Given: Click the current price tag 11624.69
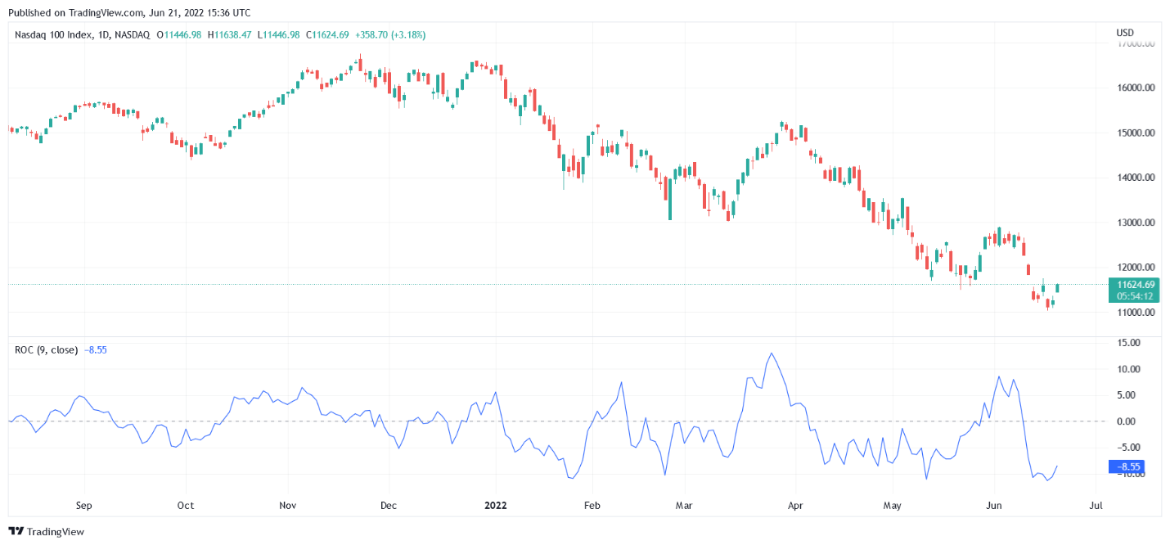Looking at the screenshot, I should tap(1133, 285).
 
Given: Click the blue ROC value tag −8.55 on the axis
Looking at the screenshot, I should tap(1124, 467).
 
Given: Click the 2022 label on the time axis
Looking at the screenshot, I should tap(495, 505).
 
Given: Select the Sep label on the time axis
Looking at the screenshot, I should tap(83, 505).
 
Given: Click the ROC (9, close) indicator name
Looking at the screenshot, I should tap(47, 349).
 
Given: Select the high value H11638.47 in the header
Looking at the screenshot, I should tap(230, 34).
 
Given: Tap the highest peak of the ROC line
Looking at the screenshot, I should tap(771, 354).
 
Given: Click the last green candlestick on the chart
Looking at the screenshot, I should tap(1058, 288).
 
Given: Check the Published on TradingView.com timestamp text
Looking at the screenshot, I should tap(128, 12).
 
